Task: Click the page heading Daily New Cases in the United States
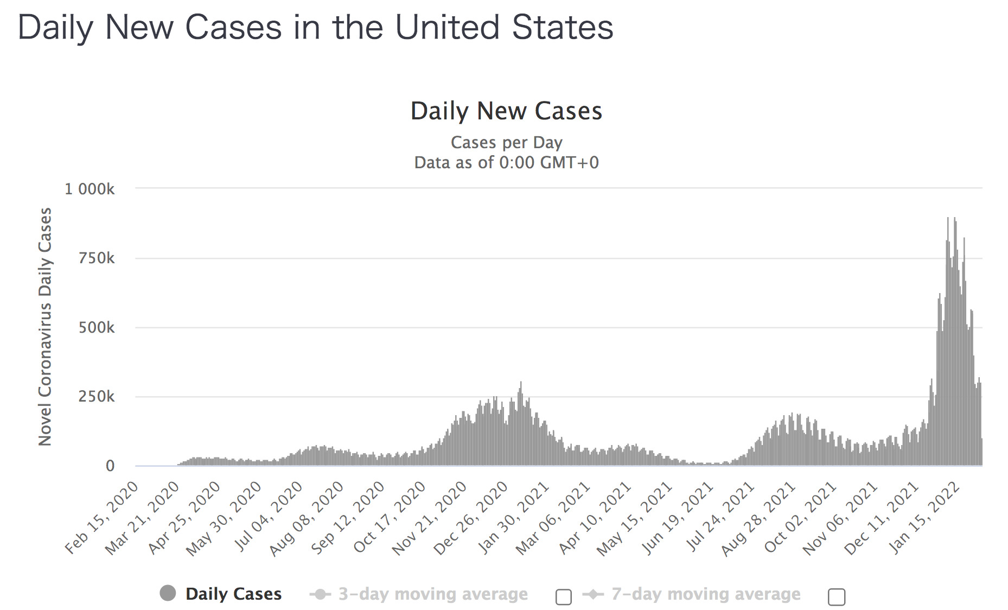tap(315, 27)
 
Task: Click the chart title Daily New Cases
tap(506, 111)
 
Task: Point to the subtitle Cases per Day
tap(506, 142)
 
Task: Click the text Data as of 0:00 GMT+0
tap(506, 162)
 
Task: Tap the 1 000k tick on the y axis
tap(90, 189)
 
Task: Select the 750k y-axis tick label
tap(97, 258)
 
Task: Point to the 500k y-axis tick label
tap(97, 327)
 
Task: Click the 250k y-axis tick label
tap(97, 396)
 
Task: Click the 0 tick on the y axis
tap(110, 466)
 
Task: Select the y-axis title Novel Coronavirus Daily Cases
tap(45, 327)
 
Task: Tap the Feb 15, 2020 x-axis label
tap(101, 518)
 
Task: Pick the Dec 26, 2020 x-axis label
tap(471, 518)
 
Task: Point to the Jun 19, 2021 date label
tap(677, 518)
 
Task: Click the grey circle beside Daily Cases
tap(168, 593)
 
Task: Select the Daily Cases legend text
tap(233, 594)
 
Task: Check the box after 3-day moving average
tap(564, 597)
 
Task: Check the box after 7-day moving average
tap(837, 597)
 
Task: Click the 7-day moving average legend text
tap(706, 594)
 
